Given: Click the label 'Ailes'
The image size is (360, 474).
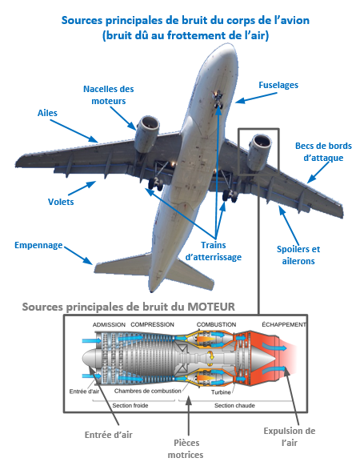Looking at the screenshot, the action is pos(47,113).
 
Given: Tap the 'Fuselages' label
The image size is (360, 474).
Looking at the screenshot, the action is pos(278,85).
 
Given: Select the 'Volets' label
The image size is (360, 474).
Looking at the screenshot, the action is pos(61,202).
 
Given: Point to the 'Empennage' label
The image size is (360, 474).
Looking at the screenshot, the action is pos(38,245).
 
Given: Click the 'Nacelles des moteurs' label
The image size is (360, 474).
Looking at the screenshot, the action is pos(109,95).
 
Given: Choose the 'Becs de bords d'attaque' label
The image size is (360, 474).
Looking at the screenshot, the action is pos(323,152).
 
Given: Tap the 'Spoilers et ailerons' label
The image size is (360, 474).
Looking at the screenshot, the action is pos(298,255).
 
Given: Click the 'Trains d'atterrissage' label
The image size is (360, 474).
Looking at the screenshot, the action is pos(214,251).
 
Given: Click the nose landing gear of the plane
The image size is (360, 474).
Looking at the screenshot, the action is pos(218,99).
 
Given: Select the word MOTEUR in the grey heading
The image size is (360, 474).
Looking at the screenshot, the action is pos(211,307).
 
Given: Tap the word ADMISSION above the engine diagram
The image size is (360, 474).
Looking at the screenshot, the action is pos(109,324).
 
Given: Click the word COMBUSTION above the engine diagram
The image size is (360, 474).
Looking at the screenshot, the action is pos(216,324).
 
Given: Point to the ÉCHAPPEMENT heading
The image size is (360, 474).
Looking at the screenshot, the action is pos(284,324).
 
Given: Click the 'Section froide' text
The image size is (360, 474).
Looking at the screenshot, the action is pos(130,406).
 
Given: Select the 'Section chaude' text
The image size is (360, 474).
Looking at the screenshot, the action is pos(234,406).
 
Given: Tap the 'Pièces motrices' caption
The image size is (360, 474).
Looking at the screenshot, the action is pos(186,449).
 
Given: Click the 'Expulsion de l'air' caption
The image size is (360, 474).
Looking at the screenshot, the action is pos(290,437).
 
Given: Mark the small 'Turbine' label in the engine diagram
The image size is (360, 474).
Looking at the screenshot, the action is pos(221,392).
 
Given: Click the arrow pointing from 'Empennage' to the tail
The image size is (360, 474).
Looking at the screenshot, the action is pos(78,255).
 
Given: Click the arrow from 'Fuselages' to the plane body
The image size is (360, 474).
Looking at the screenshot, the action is pos(256,98).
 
